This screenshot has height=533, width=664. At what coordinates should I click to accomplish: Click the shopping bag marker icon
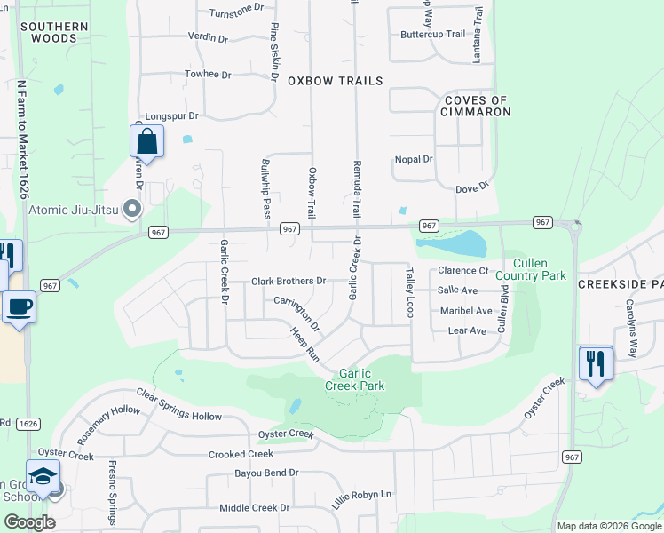pos(146,142)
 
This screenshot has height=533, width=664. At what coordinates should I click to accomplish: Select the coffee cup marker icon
pos(18,308)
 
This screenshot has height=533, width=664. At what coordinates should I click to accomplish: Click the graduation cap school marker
pos(43,476)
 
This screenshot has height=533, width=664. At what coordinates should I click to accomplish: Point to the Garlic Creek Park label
pos(360,380)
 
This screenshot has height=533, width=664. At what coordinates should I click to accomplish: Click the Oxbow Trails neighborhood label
pos(335,81)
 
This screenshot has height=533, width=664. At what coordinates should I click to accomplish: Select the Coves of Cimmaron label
pos(477,107)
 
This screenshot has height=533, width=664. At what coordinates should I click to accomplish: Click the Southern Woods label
pos(54,33)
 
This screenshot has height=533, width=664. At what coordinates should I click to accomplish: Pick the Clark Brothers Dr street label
pos(289,282)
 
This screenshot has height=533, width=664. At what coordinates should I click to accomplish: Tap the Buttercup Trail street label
pos(432,34)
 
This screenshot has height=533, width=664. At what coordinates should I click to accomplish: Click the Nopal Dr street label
pos(414,160)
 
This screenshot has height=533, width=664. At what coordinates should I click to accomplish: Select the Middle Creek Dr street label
pos(255,508)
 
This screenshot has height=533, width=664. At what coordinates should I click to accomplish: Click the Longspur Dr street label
pos(170,115)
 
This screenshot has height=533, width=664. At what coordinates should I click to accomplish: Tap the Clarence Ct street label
pos(463,270)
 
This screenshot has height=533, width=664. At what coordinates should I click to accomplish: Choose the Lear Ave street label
pos(467,331)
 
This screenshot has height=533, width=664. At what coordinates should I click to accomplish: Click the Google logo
pos(29,522)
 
